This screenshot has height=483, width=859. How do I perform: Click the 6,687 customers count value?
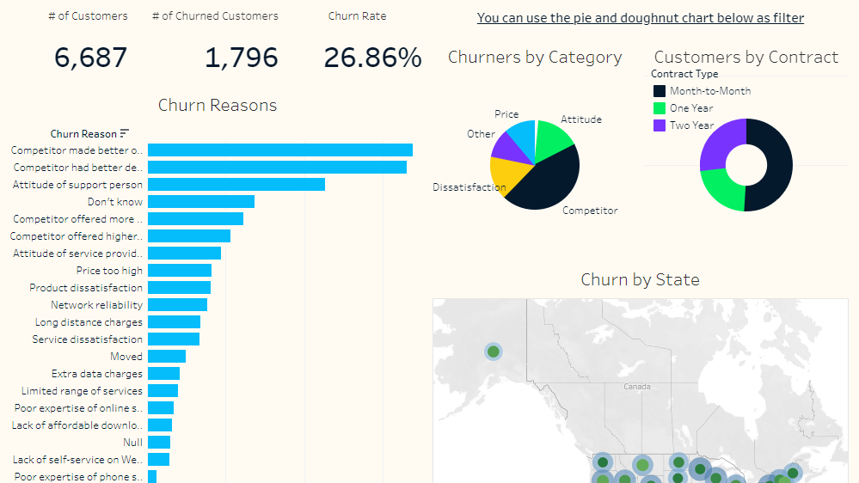[90, 58]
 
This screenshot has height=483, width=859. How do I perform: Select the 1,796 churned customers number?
[241, 58]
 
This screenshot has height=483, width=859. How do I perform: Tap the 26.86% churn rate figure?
[372, 58]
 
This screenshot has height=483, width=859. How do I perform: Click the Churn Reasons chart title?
[218, 106]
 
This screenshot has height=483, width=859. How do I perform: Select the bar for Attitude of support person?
[236, 185]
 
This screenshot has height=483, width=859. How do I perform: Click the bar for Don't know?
[200, 202]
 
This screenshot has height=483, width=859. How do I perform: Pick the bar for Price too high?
[179, 271]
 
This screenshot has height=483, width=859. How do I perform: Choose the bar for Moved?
[166, 357]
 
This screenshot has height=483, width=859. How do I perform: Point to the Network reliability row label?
[96, 305]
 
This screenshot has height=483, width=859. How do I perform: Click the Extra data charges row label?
[97, 374]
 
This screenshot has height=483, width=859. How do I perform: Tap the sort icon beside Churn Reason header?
[125, 133]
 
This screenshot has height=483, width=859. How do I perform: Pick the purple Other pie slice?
[506, 146]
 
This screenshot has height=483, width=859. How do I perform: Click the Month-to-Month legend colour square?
[660, 91]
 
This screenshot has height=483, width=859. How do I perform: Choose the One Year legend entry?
[690, 108]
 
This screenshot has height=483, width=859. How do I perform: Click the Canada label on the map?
[636, 387]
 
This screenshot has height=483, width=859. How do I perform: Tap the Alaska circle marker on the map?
[493, 352]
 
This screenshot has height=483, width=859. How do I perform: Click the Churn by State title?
[640, 279]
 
